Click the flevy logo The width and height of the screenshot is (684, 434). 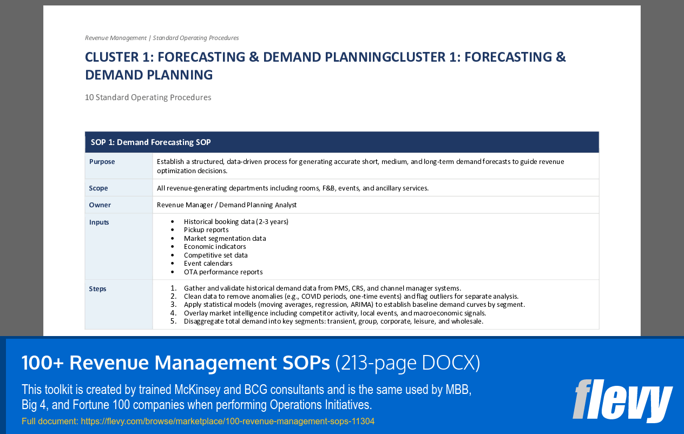(622, 400)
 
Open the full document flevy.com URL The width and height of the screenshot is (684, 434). (227, 422)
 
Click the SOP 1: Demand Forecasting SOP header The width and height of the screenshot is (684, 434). (150, 142)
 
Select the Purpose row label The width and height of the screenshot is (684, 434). (102, 162)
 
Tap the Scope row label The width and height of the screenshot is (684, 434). (98, 188)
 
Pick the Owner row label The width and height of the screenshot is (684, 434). (100, 205)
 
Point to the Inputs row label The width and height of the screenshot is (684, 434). (99, 222)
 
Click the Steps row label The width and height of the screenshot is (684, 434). (98, 289)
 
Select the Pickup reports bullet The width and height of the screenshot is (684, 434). (206, 230)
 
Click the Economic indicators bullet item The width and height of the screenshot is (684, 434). (215, 247)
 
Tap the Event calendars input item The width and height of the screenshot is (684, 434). (208, 264)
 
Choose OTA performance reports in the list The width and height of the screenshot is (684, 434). (223, 272)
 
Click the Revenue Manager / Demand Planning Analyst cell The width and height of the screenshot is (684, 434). (227, 205)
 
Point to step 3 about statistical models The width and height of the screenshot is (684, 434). (354, 305)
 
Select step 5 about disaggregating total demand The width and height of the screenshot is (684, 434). (333, 321)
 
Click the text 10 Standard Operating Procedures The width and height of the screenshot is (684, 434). (148, 97)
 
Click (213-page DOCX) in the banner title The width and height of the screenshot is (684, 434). (407, 364)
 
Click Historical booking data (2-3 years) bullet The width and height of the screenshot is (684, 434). (236, 222)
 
